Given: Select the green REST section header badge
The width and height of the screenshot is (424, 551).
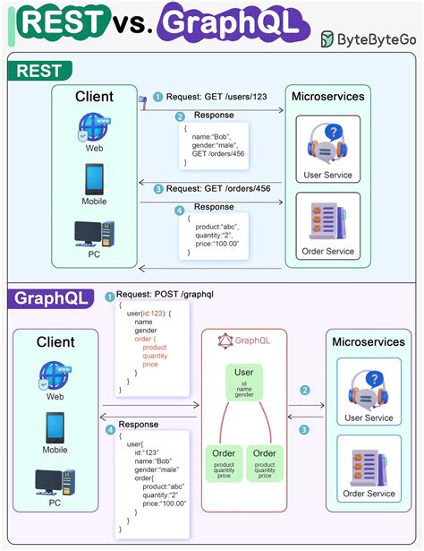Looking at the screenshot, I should coord(37,71).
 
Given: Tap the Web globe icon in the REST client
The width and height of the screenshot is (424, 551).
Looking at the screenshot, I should coord(93,128).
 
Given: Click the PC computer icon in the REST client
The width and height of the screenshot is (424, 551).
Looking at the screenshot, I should coord(94,236).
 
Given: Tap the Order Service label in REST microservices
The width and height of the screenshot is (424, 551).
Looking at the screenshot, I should coord(327,252).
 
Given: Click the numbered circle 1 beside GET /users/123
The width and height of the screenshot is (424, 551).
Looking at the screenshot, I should coord(158,97).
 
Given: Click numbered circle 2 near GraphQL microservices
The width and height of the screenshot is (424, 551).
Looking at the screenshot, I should coord(305,391).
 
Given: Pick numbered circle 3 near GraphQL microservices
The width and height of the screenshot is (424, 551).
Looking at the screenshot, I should coord(305,430).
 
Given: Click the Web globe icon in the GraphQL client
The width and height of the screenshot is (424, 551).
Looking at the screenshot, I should coord(55,375).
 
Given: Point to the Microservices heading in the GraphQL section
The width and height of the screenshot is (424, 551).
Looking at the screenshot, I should coord(369,342).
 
